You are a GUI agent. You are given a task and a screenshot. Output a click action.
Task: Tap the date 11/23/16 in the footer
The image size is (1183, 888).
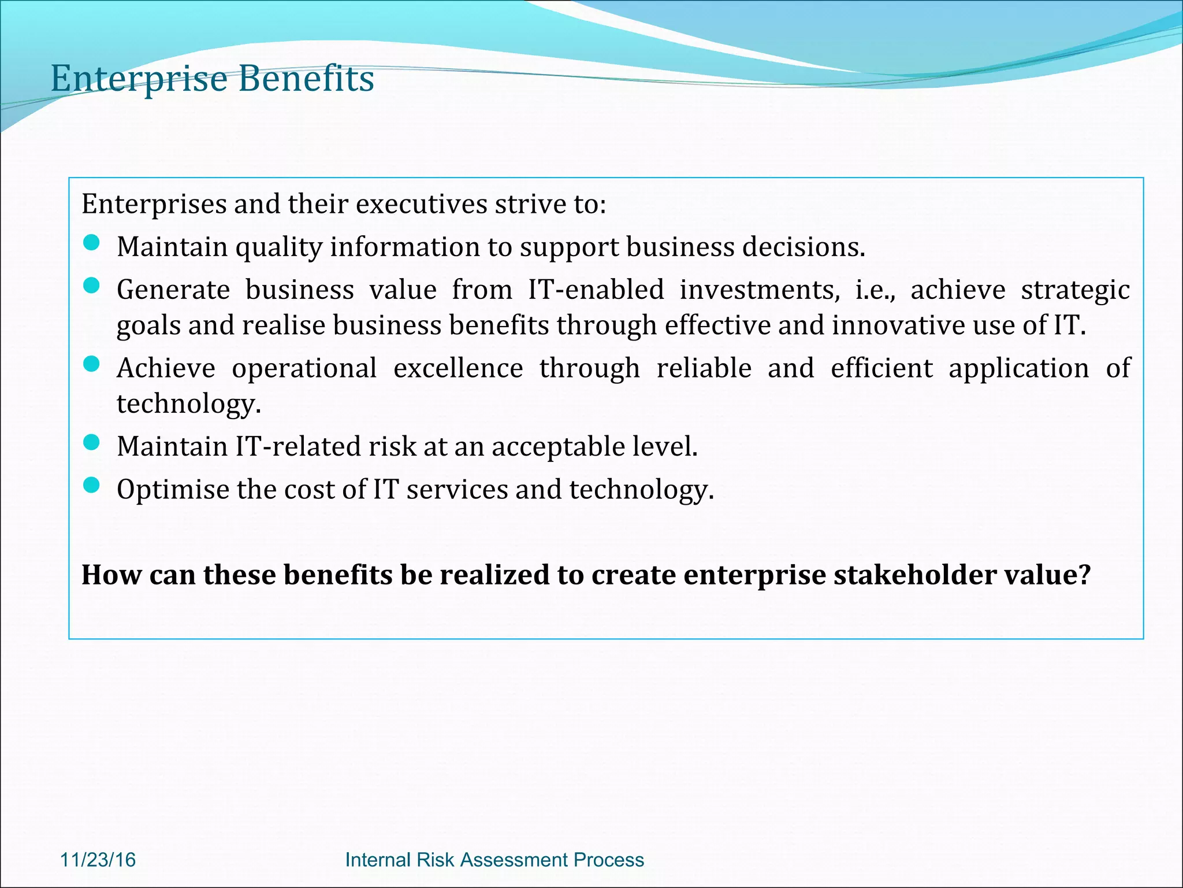tap(98, 860)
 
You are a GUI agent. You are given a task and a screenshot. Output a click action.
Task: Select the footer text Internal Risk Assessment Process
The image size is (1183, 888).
tap(494, 860)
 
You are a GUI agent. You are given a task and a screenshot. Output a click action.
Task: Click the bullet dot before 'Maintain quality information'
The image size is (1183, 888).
tap(91, 243)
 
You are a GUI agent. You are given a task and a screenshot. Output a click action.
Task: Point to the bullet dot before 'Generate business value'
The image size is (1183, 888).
tap(91, 286)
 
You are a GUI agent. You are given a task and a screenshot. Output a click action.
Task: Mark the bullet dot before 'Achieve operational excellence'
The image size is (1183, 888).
tap(91, 364)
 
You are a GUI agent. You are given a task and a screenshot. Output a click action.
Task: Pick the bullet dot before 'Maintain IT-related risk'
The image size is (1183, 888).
tap(91, 443)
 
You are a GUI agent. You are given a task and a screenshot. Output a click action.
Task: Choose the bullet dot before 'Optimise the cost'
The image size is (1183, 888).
tap(91, 486)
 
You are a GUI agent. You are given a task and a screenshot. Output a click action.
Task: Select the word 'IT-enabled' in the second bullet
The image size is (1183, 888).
tap(596, 290)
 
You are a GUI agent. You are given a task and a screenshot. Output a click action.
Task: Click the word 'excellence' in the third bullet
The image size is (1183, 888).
tap(458, 368)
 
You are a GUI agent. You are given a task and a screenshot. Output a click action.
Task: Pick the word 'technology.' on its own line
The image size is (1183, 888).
tap(189, 404)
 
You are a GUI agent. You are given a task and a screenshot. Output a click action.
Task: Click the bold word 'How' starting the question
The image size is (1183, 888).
tap(111, 575)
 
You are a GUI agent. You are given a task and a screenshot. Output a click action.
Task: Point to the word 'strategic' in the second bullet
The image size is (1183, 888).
tap(1075, 290)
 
